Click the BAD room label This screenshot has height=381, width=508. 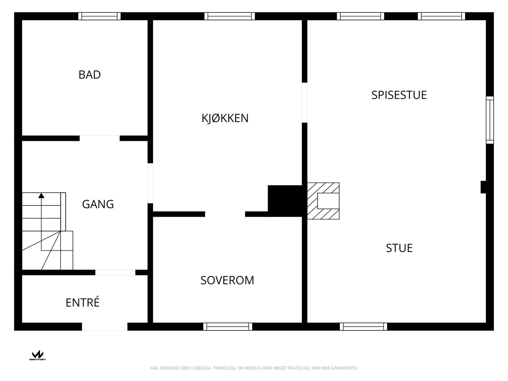[90, 75]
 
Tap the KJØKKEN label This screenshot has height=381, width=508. [225, 118]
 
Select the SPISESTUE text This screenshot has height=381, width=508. [399, 95]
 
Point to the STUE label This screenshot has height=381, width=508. [399, 248]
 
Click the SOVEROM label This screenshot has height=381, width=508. [227, 280]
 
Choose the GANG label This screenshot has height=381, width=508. [98, 204]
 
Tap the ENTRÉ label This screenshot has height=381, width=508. [83, 303]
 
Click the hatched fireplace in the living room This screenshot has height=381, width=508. [323, 201]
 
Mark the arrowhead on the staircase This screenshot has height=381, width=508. [41, 196]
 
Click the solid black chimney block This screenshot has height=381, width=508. [284, 201]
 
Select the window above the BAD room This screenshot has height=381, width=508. [99, 16]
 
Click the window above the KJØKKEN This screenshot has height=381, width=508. [229, 16]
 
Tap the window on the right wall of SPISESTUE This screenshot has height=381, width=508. [490, 120]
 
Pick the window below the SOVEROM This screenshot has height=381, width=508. [228, 326]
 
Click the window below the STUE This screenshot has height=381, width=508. [363, 326]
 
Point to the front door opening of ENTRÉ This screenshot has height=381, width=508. [105, 326]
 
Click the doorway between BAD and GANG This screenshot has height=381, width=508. [99, 138]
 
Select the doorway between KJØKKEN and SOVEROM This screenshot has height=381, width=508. [225, 214]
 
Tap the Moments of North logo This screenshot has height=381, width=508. [37, 355]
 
